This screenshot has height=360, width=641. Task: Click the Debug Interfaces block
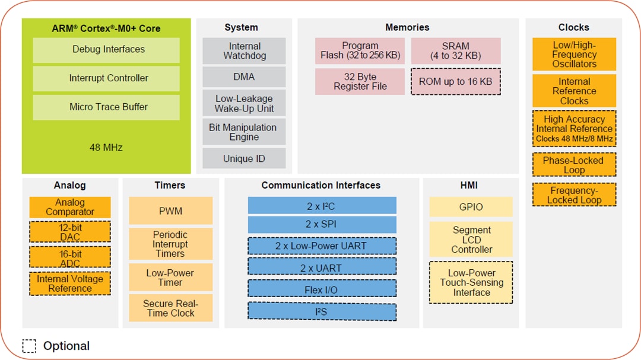coord(106,50)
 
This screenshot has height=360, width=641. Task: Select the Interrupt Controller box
coord(106,78)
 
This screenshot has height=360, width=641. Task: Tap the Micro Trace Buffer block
coord(106,107)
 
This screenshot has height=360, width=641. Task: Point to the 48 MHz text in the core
coord(106,147)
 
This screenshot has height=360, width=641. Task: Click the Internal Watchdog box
coord(244,51)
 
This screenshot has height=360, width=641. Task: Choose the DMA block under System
coord(244,77)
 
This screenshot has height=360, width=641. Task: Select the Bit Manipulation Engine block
coord(244,132)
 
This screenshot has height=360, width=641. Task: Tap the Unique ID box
coord(244,159)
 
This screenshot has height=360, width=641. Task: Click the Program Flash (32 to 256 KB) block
coord(360,51)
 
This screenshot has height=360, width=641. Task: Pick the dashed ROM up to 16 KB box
coord(455,82)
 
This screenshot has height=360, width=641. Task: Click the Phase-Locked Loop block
coord(573,165)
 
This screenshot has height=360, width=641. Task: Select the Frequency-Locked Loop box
coord(573,195)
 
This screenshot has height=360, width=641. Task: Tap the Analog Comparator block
coord(70,208)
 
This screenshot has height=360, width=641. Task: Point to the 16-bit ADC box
coord(70,258)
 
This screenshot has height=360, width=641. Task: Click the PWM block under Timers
coord(170,211)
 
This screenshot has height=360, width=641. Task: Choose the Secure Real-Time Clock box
coord(170,308)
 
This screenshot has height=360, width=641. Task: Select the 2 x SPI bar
coord(322,225)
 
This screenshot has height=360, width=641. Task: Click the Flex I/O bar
coord(322,289)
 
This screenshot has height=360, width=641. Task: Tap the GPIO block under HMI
coord(471,207)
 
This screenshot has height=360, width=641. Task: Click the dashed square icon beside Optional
coord(30,346)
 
